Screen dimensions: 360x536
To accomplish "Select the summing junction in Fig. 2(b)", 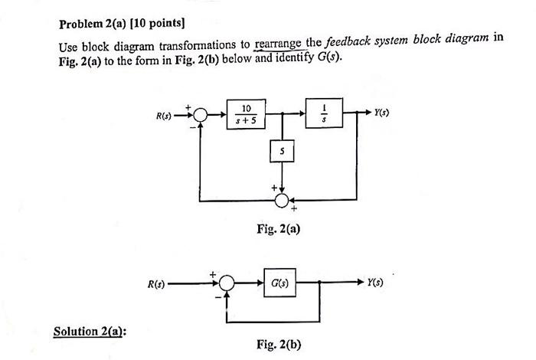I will [227, 283].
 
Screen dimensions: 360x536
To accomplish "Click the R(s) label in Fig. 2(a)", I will [165, 117].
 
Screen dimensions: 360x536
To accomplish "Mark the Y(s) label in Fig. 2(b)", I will [376, 282].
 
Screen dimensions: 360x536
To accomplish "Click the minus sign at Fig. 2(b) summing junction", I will [217, 293].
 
